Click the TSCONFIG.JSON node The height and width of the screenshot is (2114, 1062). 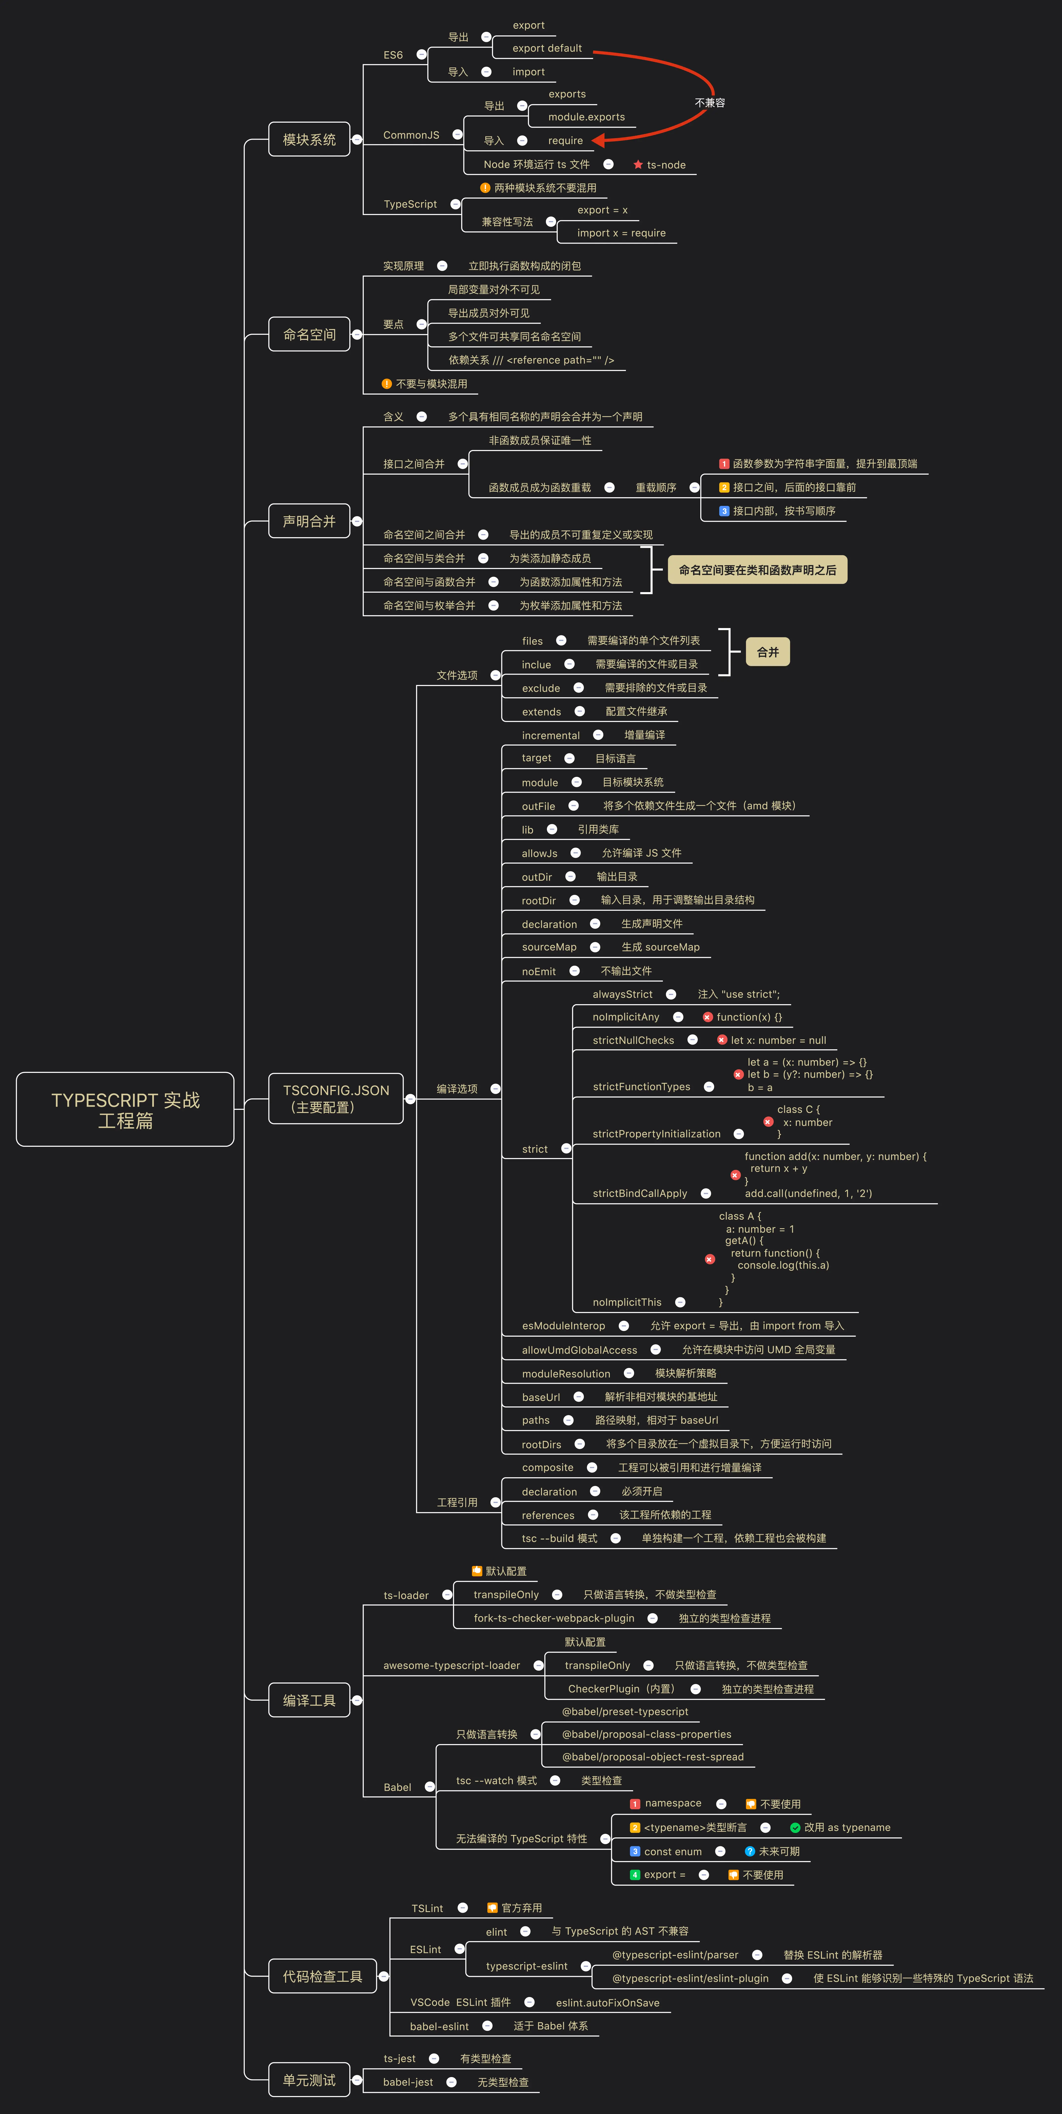(x=336, y=1098)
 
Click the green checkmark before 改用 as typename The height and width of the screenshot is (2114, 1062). (x=794, y=1828)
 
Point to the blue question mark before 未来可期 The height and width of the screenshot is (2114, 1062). (x=749, y=1851)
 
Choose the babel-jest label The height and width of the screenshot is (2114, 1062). (x=408, y=2082)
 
